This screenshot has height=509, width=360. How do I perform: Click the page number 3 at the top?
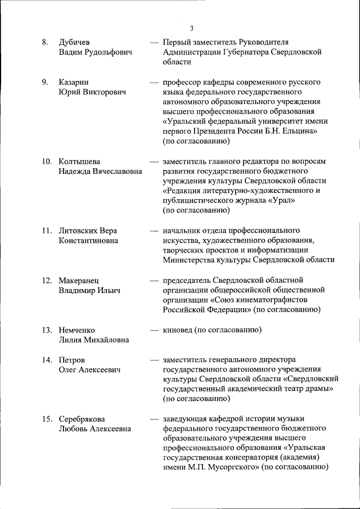pyautogui.click(x=191, y=29)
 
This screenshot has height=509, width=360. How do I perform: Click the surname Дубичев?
pyautogui.click(x=74, y=43)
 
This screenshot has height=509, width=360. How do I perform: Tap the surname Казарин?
pyautogui.click(x=73, y=82)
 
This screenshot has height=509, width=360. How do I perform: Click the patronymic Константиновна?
pyautogui.click(x=88, y=240)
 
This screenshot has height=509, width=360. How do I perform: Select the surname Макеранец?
pyautogui.click(x=78, y=280)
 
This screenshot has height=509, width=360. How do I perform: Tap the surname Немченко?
pyautogui.click(x=77, y=330)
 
